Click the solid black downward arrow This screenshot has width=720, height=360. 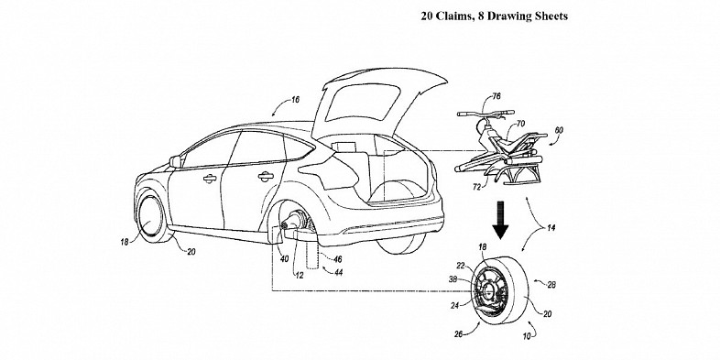coord(500,224)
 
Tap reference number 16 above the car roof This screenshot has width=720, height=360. coord(295,100)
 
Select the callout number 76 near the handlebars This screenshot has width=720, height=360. coord(496,96)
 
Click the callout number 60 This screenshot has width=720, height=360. coord(559,130)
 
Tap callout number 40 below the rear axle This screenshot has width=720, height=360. coord(284,259)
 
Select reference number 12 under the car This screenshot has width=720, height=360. coord(299,276)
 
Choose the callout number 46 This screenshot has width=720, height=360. coord(337,259)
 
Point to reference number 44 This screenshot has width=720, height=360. coord(338,273)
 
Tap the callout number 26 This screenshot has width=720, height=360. coord(458,334)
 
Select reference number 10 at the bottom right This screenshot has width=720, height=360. coord(526,336)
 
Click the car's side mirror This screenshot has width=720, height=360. coord(175,161)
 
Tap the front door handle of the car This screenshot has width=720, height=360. coord(210,178)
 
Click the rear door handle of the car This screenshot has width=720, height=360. coord(266,176)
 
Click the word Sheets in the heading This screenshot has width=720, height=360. coord(551,16)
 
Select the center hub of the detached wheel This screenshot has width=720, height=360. coord(487,289)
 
